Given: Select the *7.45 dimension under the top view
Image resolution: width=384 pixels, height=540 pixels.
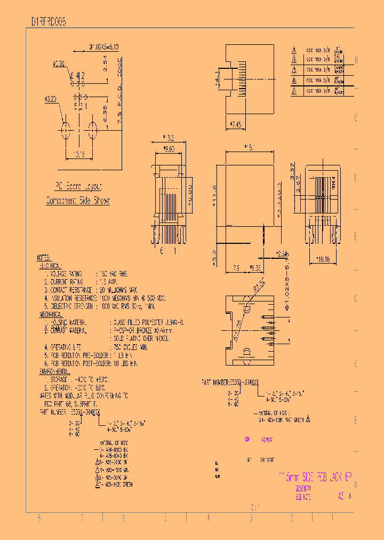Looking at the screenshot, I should pyautogui.click(x=235, y=124).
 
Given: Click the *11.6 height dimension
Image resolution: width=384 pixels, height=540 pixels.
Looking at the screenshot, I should pyautogui.click(x=214, y=193).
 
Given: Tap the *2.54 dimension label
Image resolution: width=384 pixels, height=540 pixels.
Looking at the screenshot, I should pyautogui.click(x=282, y=253).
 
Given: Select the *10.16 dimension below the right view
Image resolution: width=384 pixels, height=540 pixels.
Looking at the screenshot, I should pyautogui.click(x=323, y=259).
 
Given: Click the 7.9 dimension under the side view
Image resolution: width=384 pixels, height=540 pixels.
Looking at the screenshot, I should pyautogui.click(x=236, y=268).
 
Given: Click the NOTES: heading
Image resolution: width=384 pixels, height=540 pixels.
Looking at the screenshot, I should pyautogui.click(x=44, y=257).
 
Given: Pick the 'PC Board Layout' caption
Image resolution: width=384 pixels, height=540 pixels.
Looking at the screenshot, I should pyautogui.click(x=78, y=187).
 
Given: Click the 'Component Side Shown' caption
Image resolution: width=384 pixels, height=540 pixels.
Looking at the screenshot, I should pyautogui.click(x=78, y=201).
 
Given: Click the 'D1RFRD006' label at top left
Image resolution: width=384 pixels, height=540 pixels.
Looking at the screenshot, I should pyautogui.click(x=48, y=22).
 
